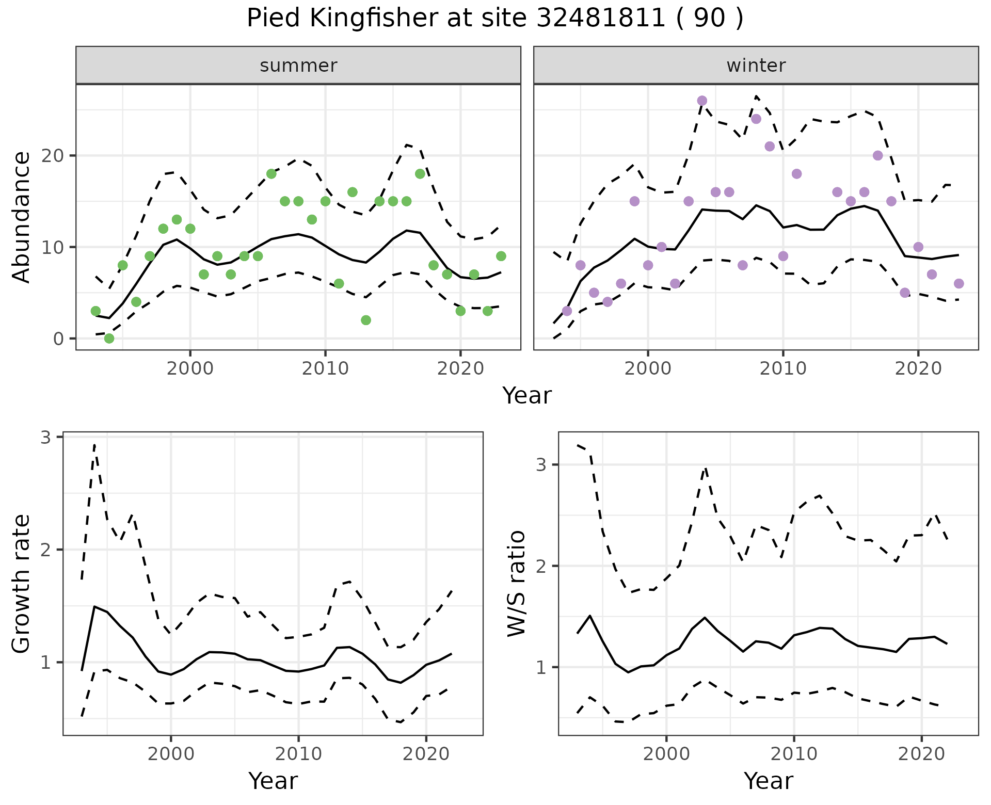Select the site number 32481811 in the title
601,19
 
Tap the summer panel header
298,66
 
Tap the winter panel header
756,66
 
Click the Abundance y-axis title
21,217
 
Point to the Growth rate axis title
21,584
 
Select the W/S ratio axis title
517,584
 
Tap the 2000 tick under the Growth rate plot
171,754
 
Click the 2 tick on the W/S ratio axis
541,566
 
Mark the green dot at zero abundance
109,339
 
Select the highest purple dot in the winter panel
702,101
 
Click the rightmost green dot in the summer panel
501,256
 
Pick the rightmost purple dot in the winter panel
958,283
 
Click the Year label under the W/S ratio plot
768,781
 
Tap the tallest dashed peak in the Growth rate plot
94,444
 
